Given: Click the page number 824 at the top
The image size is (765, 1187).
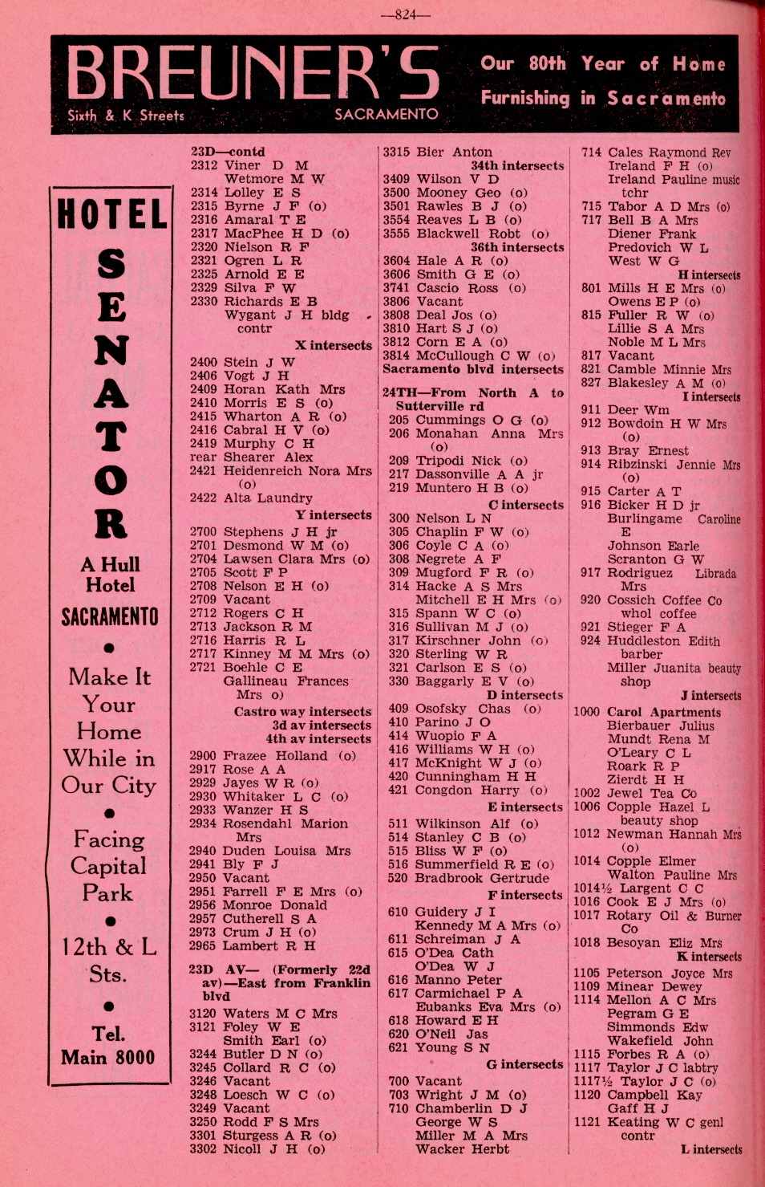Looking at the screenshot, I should tap(407, 14).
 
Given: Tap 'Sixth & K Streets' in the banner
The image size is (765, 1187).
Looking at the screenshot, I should tap(126, 116).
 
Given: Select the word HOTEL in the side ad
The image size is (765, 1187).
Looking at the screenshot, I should tap(111, 215).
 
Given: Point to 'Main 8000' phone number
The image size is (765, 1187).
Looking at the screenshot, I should tap(108, 1057).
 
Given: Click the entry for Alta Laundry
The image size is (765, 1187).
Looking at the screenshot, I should tap(268, 498).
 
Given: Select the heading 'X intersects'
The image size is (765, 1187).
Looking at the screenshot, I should tap(333, 345).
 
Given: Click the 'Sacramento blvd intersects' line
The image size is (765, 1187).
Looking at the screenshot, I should tap(472, 369).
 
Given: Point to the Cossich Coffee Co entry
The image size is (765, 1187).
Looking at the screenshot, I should tap(664, 600).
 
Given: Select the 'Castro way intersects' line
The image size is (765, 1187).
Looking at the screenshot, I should tap(302, 711).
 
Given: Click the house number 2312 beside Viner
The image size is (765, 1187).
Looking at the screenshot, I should tap(204, 165).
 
